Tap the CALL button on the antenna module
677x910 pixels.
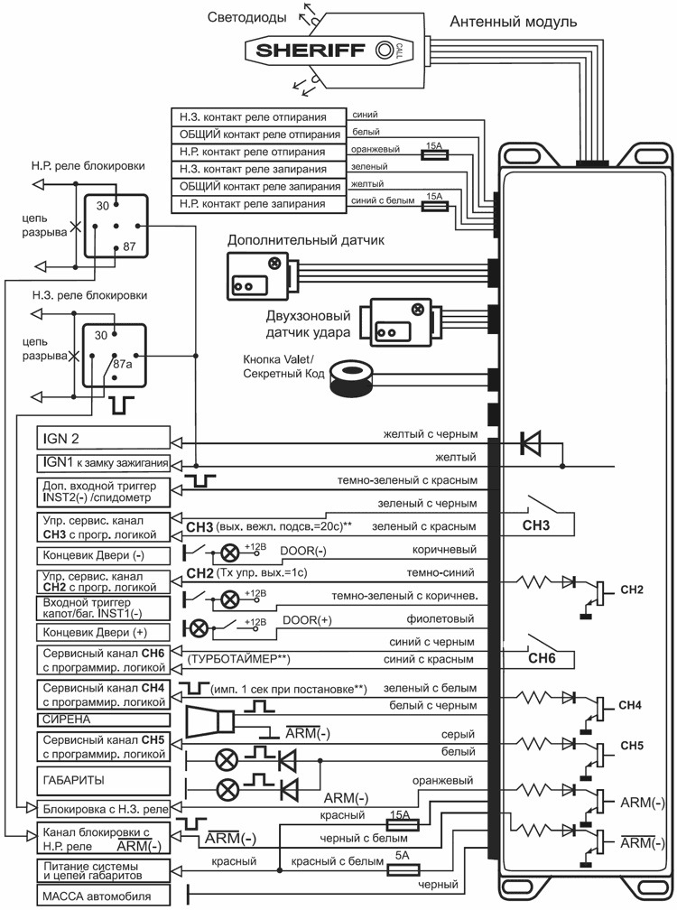pos(385,51)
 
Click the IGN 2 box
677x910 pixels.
pos(102,440)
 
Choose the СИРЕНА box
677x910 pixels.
pos(102,720)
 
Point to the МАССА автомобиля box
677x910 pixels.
pos(102,897)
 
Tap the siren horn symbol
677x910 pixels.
pos(209,722)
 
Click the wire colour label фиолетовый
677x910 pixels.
pos(445,618)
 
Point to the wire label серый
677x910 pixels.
pos(462,735)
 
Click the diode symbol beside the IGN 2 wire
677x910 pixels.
pos(530,443)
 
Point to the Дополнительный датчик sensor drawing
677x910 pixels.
pos(256,274)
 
